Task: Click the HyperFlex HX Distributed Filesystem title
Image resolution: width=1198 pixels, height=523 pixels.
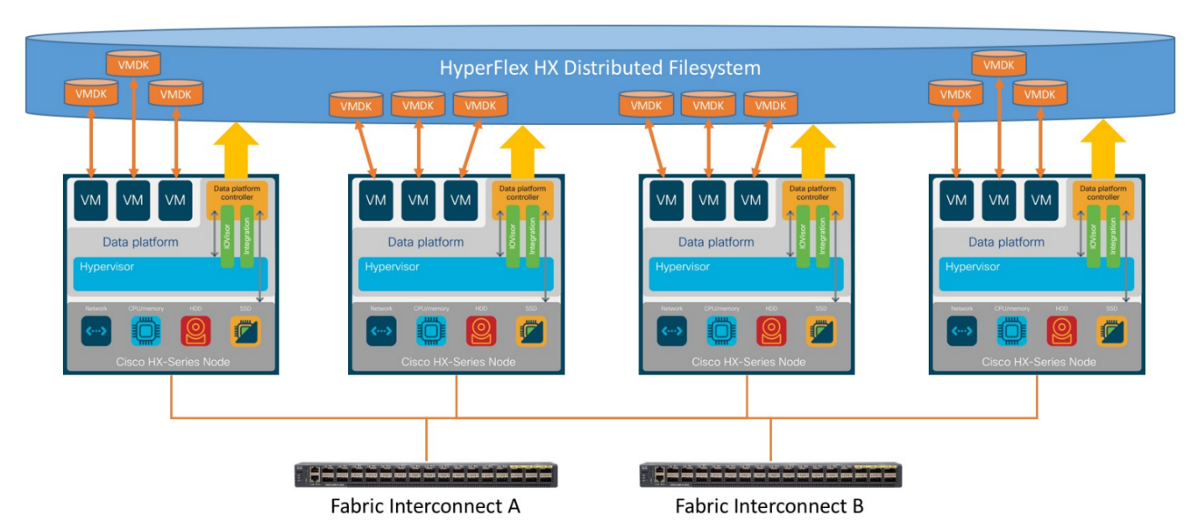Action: pos(600,67)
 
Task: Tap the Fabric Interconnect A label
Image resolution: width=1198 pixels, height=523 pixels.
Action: pos(425,506)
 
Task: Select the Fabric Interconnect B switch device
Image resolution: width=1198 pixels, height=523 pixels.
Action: pos(770,474)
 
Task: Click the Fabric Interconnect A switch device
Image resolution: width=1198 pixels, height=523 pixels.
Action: pos(425,474)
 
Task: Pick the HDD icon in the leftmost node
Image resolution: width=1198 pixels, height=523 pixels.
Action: pos(195,332)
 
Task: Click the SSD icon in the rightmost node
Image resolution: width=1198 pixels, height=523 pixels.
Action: pos(1111,332)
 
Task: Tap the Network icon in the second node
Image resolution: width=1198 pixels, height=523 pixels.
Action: pos(381,332)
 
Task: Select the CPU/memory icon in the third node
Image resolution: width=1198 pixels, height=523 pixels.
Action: pos(721,332)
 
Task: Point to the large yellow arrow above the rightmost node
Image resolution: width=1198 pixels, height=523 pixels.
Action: pos(1102,147)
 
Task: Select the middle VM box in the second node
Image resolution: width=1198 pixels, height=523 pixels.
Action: pos(418,201)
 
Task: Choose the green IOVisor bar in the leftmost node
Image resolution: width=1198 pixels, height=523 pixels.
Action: pos(227,235)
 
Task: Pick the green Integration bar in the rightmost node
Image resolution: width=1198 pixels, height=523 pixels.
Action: pos(1113,235)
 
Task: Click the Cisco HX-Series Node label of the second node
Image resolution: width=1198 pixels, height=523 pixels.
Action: pos(458,362)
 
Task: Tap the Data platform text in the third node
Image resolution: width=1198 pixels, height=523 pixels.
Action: pos(716,242)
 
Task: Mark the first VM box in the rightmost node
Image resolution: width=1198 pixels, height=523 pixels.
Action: pos(956,201)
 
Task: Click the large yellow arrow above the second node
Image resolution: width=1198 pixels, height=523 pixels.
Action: pos(523,147)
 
